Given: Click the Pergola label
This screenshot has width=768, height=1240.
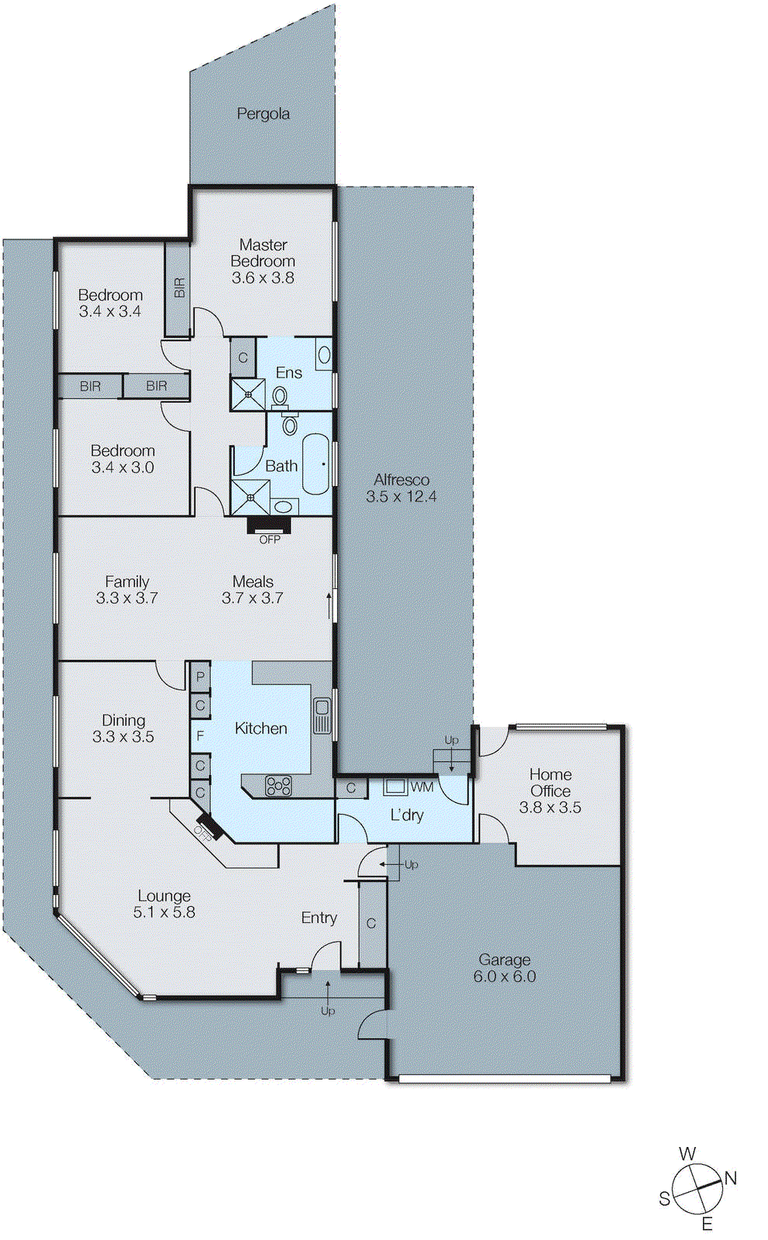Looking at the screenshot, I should tap(263, 114).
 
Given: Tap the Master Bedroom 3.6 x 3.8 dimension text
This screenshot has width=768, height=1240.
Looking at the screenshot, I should tap(263, 278).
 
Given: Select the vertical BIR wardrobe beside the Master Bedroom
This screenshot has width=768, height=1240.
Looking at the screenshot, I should tap(179, 288).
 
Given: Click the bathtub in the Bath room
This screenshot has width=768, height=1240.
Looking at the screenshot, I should tap(316, 464).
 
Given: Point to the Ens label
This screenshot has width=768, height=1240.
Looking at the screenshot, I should tap(288, 373).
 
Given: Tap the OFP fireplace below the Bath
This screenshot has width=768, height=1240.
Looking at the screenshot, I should tap(269, 526).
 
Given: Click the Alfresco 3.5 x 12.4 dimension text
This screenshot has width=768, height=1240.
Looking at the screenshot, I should tap(401, 497).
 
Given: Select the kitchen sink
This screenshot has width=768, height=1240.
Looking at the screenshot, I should tap(322, 715).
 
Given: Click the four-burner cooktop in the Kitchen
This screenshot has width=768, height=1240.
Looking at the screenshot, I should tap(278, 786).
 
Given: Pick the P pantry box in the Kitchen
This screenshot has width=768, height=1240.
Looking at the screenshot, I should tap(200, 677).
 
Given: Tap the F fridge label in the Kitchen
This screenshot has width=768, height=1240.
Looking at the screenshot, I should tap(200, 735).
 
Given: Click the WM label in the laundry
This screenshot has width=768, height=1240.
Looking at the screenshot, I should tap(422, 787).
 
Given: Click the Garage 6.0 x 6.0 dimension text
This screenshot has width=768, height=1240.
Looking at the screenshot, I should tap(505, 976).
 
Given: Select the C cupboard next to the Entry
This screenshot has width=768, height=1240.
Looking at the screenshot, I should tap(371, 924).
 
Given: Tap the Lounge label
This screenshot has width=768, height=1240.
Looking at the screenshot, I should tap(164, 896).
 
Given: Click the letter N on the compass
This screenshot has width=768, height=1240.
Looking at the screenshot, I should tap(730, 1179).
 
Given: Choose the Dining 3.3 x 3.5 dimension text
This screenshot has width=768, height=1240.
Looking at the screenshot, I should tap(123, 737).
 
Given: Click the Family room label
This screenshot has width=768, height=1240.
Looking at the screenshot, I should tap(127, 581).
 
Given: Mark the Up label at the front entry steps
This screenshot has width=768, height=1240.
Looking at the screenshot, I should tap(328, 1011).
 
